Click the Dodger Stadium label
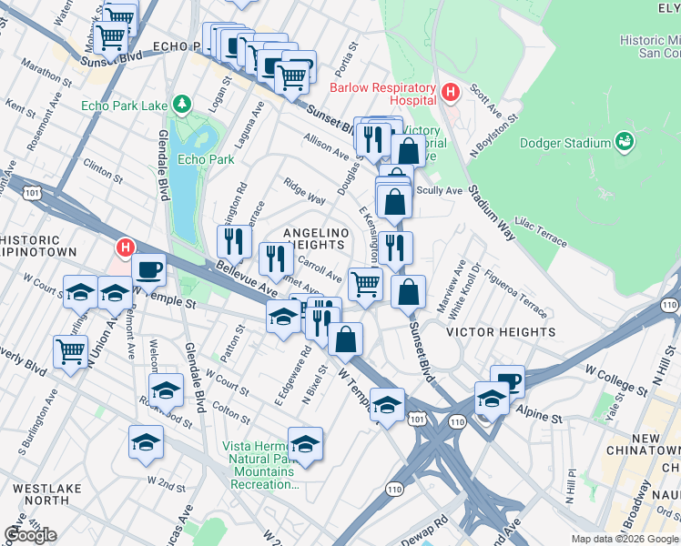[564, 143]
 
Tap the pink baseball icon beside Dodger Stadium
[625, 141]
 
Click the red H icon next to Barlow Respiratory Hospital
[449, 91]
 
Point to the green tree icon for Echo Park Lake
[183, 105]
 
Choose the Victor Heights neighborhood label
[501, 333]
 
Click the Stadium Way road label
[493, 215]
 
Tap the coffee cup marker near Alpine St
[507, 380]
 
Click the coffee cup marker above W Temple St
[148, 268]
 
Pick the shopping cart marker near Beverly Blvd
[70, 350]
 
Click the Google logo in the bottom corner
[30, 535]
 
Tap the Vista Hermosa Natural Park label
[260, 465]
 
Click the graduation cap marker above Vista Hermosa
[305, 443]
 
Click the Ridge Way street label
[305, 192]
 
